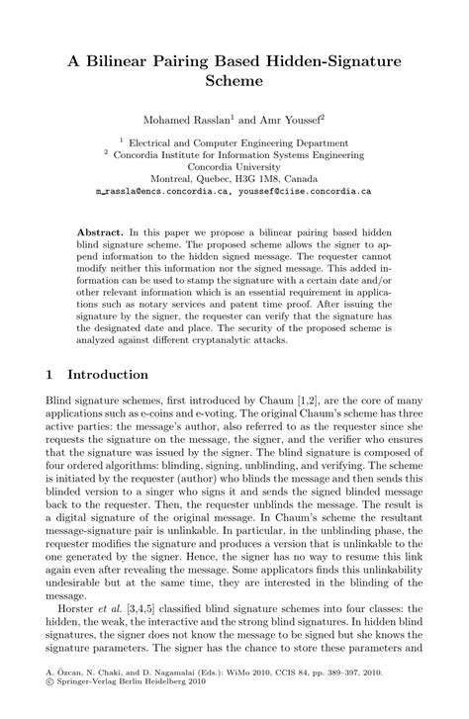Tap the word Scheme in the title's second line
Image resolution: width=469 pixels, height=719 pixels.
pos(234,82)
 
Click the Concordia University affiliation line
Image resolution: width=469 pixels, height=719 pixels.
pos(234,167)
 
